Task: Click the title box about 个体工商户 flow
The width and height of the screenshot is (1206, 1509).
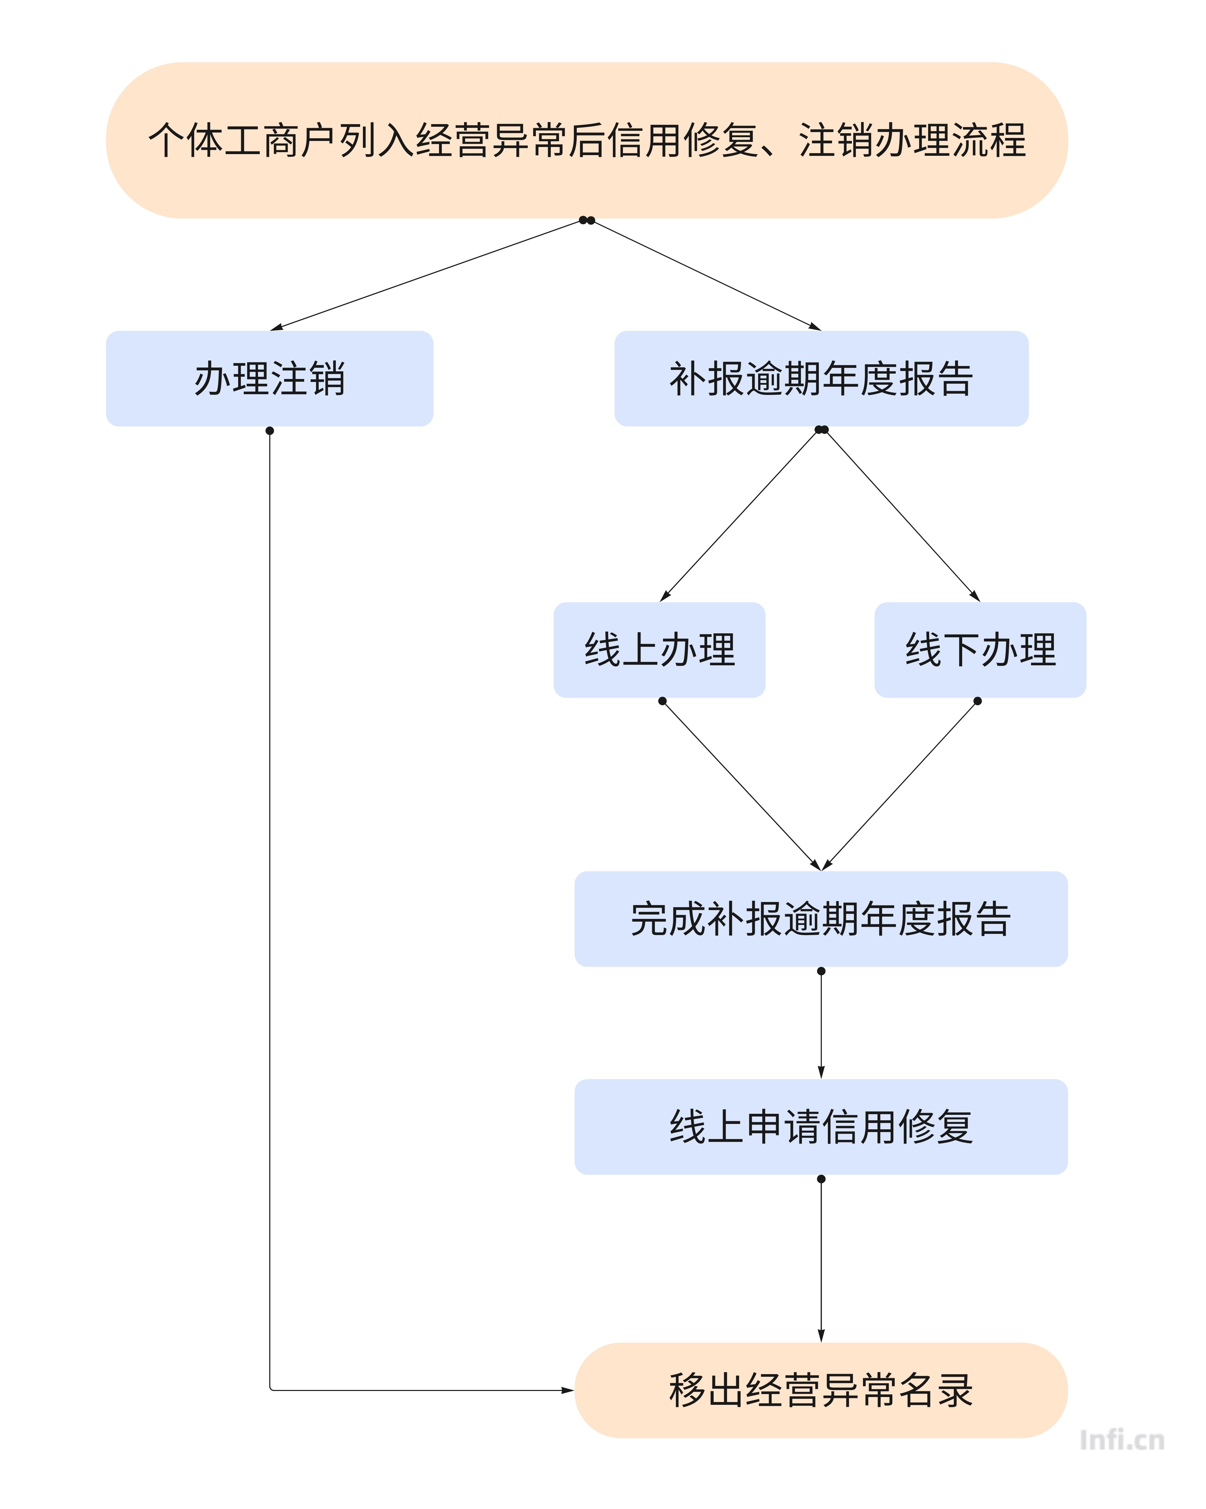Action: point(586,140)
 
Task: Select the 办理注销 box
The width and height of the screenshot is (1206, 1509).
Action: point(269,379)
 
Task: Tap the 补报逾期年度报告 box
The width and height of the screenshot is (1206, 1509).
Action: point(821,379)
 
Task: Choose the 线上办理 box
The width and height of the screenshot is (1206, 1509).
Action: point(659,649)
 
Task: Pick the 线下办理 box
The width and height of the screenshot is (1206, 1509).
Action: point(980,649)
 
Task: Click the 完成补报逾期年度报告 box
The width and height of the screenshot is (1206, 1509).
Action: point(821,919)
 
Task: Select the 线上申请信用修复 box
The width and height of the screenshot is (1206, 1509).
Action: point(821,1127)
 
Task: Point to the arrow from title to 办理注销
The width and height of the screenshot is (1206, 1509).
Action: point(427,274)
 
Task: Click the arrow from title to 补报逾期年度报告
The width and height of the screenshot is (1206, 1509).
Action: point(706,274)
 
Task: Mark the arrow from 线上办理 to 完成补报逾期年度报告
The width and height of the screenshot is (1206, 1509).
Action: point(741,785)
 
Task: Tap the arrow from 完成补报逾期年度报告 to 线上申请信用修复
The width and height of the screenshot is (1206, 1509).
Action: point(821,1023)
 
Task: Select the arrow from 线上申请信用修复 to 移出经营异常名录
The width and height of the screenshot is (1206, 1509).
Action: point(821,1260)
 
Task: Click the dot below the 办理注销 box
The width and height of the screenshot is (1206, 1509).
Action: point(269,430)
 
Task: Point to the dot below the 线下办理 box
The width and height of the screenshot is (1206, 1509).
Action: point(978,701)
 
